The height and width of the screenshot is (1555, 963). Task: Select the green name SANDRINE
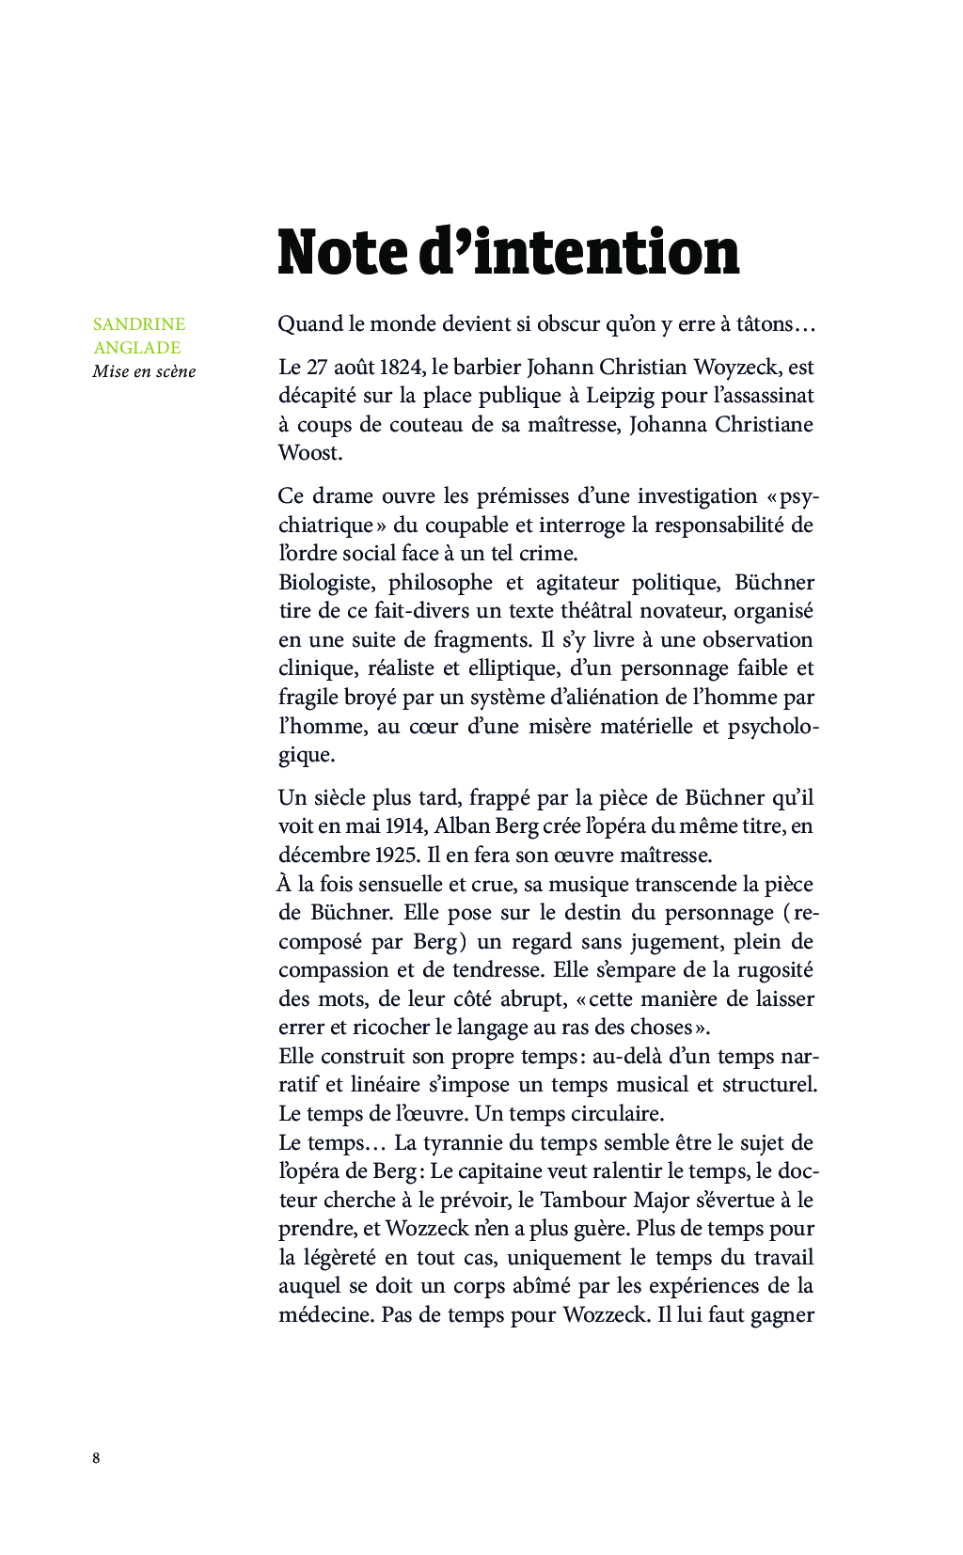point(139,324)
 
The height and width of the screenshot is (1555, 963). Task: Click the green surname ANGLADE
point(136,348)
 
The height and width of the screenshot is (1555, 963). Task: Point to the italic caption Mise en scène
point(144,371)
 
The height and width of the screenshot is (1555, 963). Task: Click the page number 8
point(96,1458)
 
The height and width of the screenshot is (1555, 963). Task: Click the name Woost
point(309,453)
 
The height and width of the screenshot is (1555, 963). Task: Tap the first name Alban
point(460,826)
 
